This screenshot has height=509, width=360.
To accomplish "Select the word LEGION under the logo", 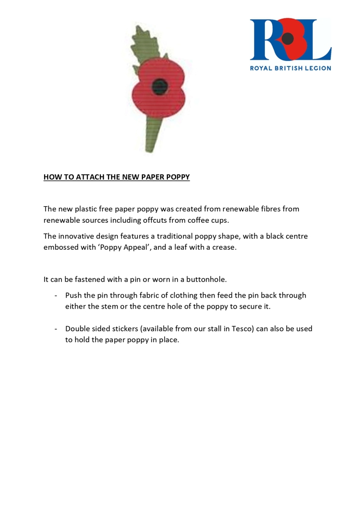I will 316,68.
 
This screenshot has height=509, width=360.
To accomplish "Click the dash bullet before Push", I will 56,296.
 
